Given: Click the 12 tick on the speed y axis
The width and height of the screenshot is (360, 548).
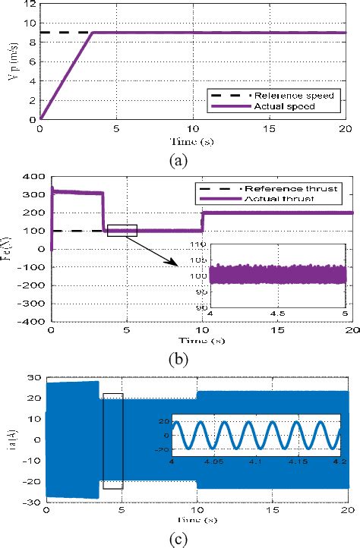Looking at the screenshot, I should point(31,4).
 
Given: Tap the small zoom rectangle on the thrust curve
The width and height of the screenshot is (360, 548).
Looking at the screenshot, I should point(122,230).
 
